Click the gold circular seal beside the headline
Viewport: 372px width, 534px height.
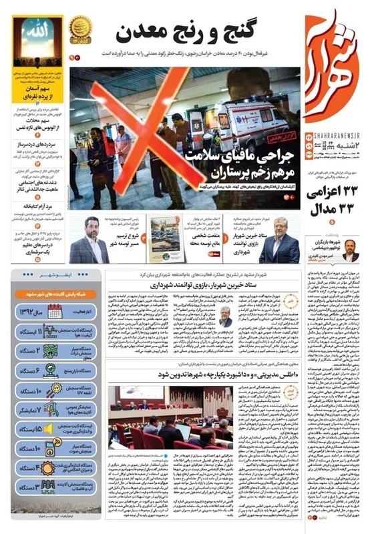click(80, 29)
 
